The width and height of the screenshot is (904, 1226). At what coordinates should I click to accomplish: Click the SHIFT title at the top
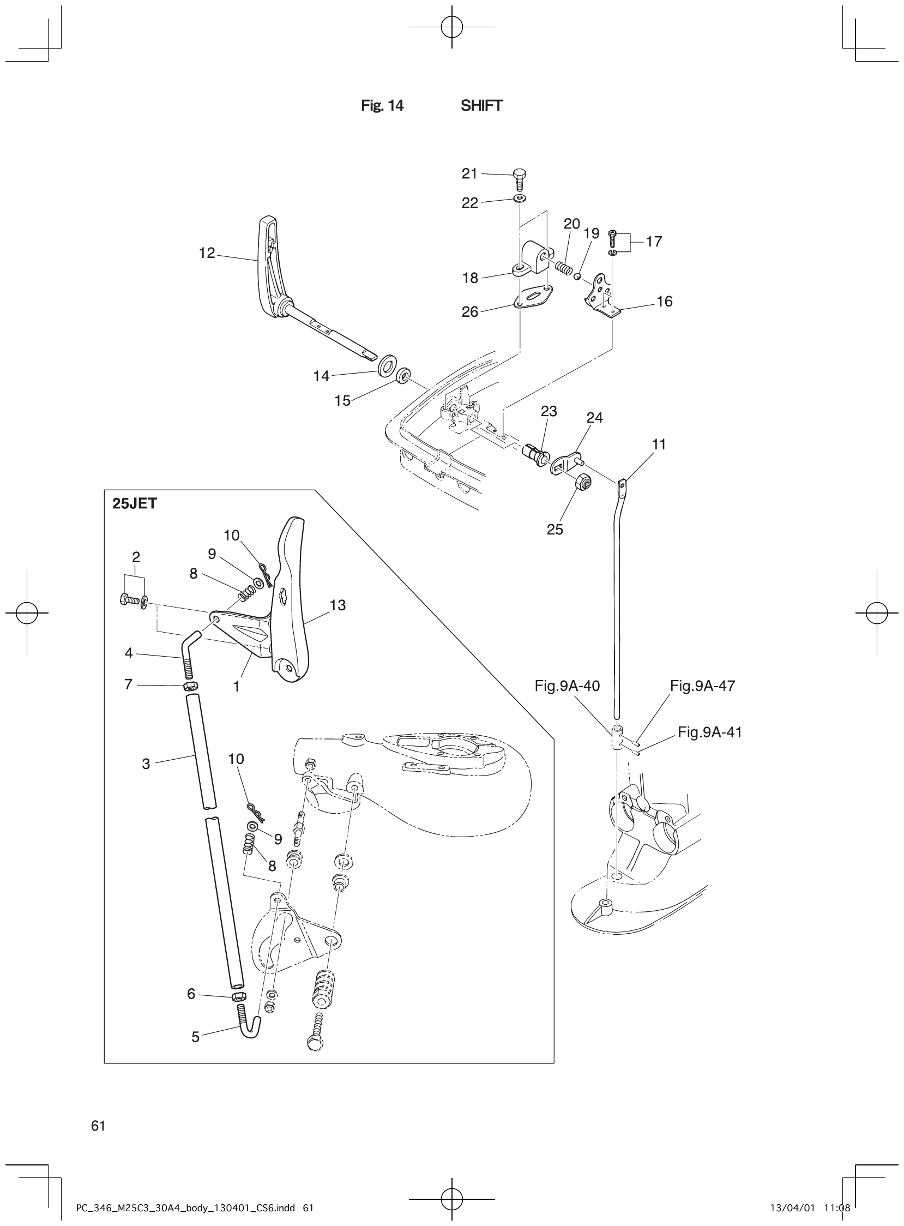pos(481,106)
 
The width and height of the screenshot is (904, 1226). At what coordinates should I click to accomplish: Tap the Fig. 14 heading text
pos(382,106)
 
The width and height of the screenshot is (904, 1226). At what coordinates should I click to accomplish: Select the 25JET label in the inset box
pos(135,503)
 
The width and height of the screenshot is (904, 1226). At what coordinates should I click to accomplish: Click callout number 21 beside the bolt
pos(469,173)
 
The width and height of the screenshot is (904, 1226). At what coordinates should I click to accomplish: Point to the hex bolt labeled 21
pos(519,179)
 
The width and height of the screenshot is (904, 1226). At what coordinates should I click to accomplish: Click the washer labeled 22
pos(519,197)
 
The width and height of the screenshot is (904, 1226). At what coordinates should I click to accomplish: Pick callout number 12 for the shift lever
pos(207,254)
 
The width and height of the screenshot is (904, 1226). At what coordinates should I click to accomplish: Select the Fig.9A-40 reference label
pos(567,686)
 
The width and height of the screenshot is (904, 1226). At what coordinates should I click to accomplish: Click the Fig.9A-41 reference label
pos(710,732)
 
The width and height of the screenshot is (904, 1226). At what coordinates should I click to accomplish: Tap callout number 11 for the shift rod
pos(659,444)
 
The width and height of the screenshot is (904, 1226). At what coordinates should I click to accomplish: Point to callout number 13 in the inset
pos(338,605)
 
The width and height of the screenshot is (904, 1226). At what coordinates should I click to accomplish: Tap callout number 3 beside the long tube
pos(146,764)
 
